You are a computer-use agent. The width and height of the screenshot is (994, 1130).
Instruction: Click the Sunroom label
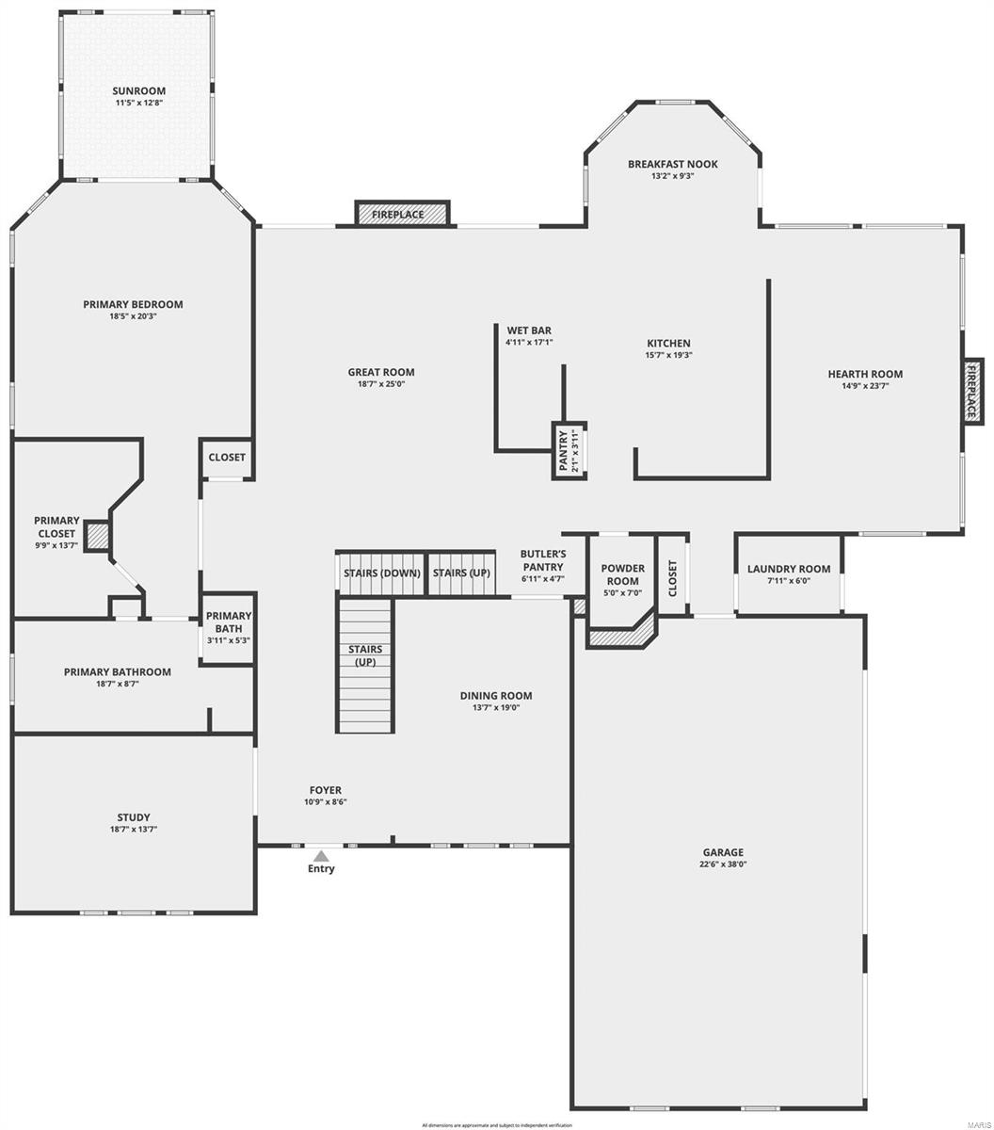pyautogui.click(x=138, y=91)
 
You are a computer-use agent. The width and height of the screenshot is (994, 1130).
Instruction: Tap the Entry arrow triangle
pyautogui.click(x=321, y=856)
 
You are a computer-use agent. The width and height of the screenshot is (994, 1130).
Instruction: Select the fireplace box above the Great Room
pyautogui.click(x=402, y=215)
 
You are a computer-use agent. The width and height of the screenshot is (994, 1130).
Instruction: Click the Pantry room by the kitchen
pyautogui.click(x=569, y=450)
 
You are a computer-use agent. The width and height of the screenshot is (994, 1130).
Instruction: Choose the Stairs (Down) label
pyautogui.click(x=381, y=573)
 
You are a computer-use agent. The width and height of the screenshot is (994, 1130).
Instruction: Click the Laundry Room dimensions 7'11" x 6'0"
pyautogui.click(x=788, y=581)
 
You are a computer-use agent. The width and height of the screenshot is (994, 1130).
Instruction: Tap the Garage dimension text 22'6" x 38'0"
pyautogui.click(x=722, y=864)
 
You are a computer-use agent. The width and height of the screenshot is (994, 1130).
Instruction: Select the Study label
pyautogui.click(x=134, y=817)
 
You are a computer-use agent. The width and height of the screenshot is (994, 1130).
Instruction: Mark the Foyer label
pyautogui.click(x=326, y=790)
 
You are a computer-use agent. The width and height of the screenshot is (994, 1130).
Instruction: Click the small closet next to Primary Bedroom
pyautogui.click(x=227, y=458)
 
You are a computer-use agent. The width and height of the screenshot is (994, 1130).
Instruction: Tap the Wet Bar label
pyautogui.click(x=529, y=331)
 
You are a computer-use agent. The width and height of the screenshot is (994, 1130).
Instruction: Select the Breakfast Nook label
pyautogui.click(x=672, y=164)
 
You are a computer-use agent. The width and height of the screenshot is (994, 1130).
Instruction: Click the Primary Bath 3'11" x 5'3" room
pyautogui.click(x=228, y=628)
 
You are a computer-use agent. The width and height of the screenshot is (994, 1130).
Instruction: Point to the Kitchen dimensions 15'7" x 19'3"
pyautogui.click(x=668, y=355)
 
